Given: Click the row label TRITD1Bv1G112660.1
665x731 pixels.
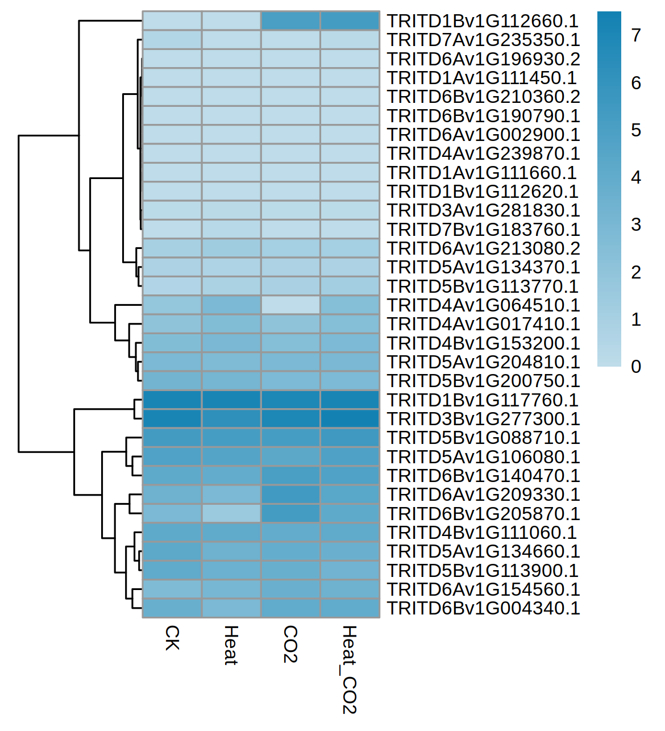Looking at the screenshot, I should (483, 21).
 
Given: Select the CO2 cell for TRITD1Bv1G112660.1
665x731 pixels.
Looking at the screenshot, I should (290, 21).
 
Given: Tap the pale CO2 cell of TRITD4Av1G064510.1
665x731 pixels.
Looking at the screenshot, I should (290, 305).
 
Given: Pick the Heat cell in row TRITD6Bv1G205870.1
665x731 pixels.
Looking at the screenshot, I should (231, 513).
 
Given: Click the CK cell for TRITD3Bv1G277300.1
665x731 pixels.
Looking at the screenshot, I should (172, 419).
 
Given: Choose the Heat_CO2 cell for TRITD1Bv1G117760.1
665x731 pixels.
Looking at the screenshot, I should (350, 400).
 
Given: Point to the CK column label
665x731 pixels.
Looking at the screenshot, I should (172, 638).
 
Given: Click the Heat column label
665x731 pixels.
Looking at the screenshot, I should (231, 645).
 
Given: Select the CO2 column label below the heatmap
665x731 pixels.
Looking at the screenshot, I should (290, 644).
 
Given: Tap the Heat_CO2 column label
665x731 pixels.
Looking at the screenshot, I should (349, 670).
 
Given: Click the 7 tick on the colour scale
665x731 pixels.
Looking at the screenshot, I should (636, 36).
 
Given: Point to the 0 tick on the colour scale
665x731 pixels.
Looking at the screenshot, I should (636, 367).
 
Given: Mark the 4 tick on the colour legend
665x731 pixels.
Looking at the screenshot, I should (636, 178).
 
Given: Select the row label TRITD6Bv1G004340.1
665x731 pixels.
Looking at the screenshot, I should (483, 608).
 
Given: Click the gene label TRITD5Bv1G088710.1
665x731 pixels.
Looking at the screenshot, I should (483, 438).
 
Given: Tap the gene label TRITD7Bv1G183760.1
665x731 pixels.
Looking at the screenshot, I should (483, 230).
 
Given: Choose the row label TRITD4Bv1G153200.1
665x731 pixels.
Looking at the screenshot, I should (483, 343).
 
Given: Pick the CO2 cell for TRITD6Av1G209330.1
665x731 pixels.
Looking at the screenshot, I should (290, 495).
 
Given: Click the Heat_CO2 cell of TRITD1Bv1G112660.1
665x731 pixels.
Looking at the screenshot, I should (350, 21).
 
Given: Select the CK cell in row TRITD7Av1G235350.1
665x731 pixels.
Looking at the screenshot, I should (172, 40).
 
